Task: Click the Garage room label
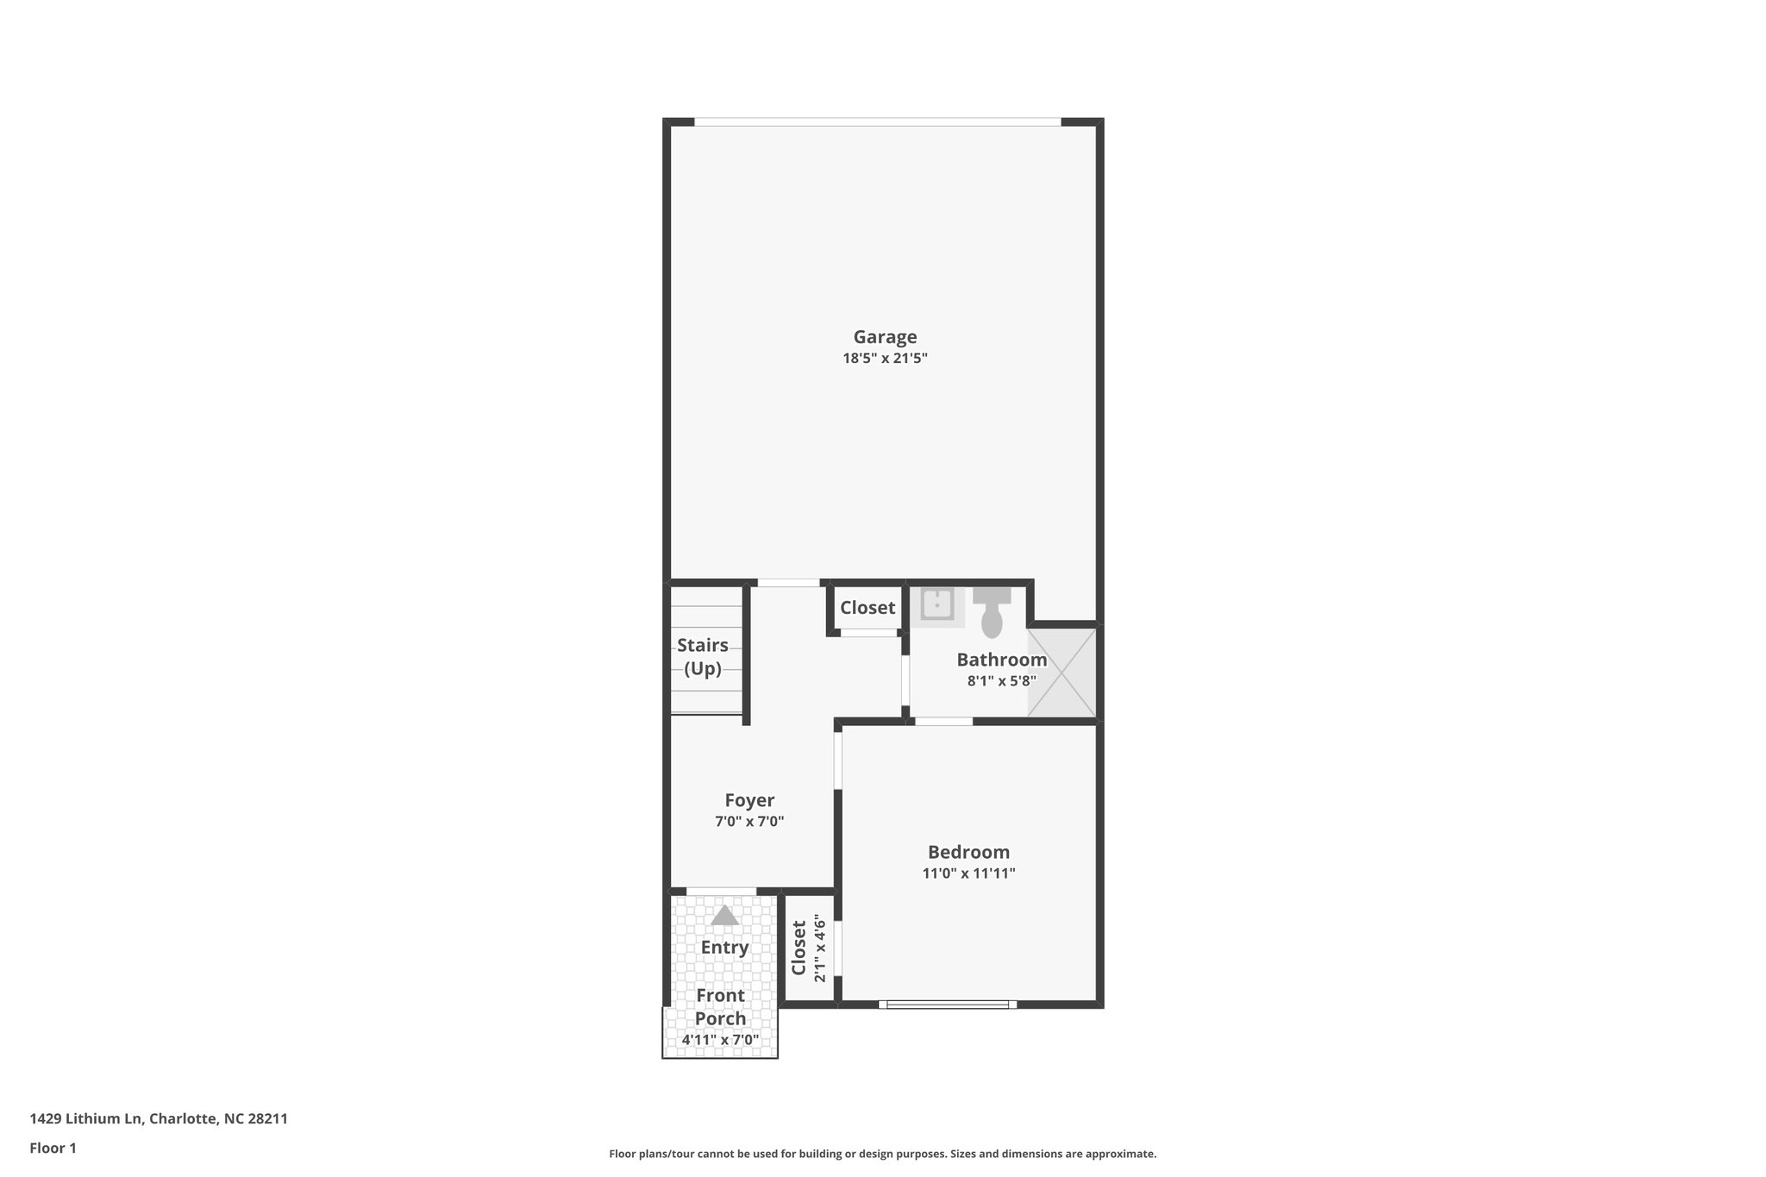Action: [x=885, y=337]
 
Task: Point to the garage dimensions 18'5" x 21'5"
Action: [x=885, y=358]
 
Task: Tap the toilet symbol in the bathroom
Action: [x=992, y=611]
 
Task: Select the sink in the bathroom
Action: [x=936, y=604]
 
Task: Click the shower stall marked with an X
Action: [x=1061, y=673]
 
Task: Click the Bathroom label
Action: [x=1001, y=660]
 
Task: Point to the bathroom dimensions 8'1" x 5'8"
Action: [x=1001, y=680]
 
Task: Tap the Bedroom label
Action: [x=968, y=852]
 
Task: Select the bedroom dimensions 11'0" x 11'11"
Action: [x=968, y=873]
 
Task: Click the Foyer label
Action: [x=749, y=800]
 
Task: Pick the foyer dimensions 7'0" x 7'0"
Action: [x=749, y=822]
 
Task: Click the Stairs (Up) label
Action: [x=703, y=656]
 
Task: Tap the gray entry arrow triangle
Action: [x=724, y=915]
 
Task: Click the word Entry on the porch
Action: [x=724, y=947]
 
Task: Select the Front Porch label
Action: [x=720, y=1006]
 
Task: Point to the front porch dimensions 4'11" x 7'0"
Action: [x=720, y=1040]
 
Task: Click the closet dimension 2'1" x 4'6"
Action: [x=820, y=948]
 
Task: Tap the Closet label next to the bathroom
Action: [x=867, y=608]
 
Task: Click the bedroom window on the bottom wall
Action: [x=947, y=1004]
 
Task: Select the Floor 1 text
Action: [x=53, y=1148]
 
